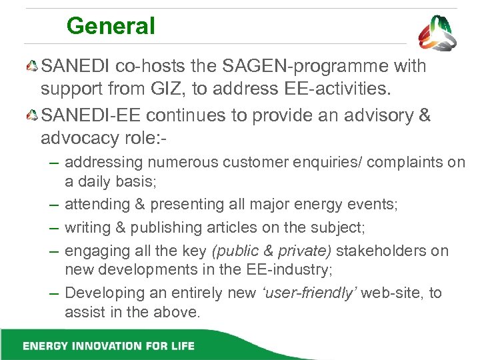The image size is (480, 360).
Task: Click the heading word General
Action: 111,27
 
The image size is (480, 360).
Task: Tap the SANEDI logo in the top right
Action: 437,33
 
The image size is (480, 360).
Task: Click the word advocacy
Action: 82,137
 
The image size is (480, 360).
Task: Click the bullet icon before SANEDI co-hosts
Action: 33,67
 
